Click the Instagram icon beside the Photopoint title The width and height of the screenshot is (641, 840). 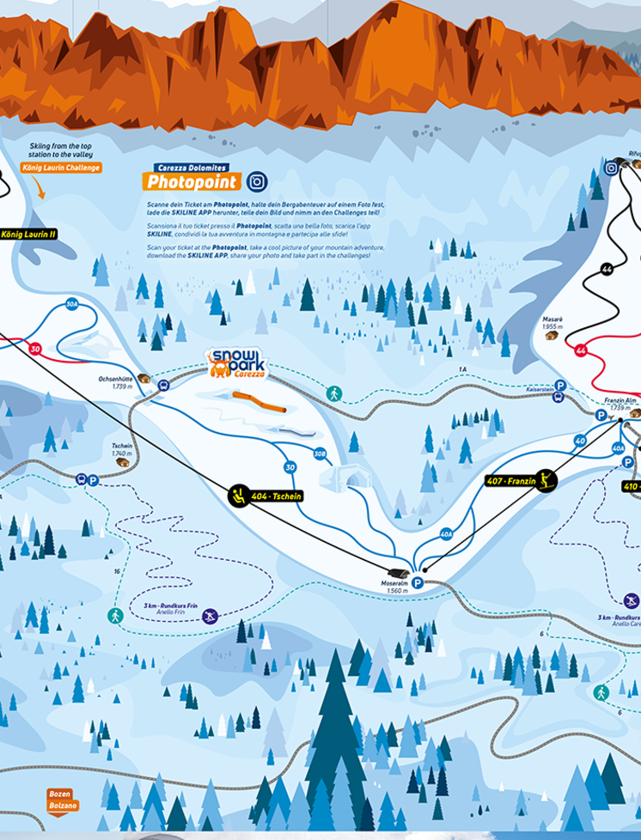pyautogui.click(x=256, y=181)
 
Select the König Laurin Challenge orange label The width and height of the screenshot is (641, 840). pyautogui.click(x=62, y=167)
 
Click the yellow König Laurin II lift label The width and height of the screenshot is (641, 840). pyautogui.click(x=27, y=234)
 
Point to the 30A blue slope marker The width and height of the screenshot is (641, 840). pyautogui.click(x=72, y=303)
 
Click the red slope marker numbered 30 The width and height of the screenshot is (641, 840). pyautogui.click(x=35, y=349)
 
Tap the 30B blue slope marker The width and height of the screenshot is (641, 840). pyautogui.click(x=320, y=453)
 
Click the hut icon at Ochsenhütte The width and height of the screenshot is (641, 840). pyautogui.click(x=143, y=378)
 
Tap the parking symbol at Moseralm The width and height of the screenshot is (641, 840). pyautogui.click(x=418, y=582)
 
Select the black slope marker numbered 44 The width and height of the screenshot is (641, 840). pyautogui.click(x=607, y=270)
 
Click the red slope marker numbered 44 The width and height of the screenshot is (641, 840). pyautogui.click(x=581, y=350)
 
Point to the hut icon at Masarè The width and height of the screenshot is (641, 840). pyautogui.click(x=551, y=335)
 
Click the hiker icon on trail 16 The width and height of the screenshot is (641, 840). pyautogui.click(x=115, y=615)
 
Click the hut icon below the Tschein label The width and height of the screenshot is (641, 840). pyautogui.click(x=123, y=461)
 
